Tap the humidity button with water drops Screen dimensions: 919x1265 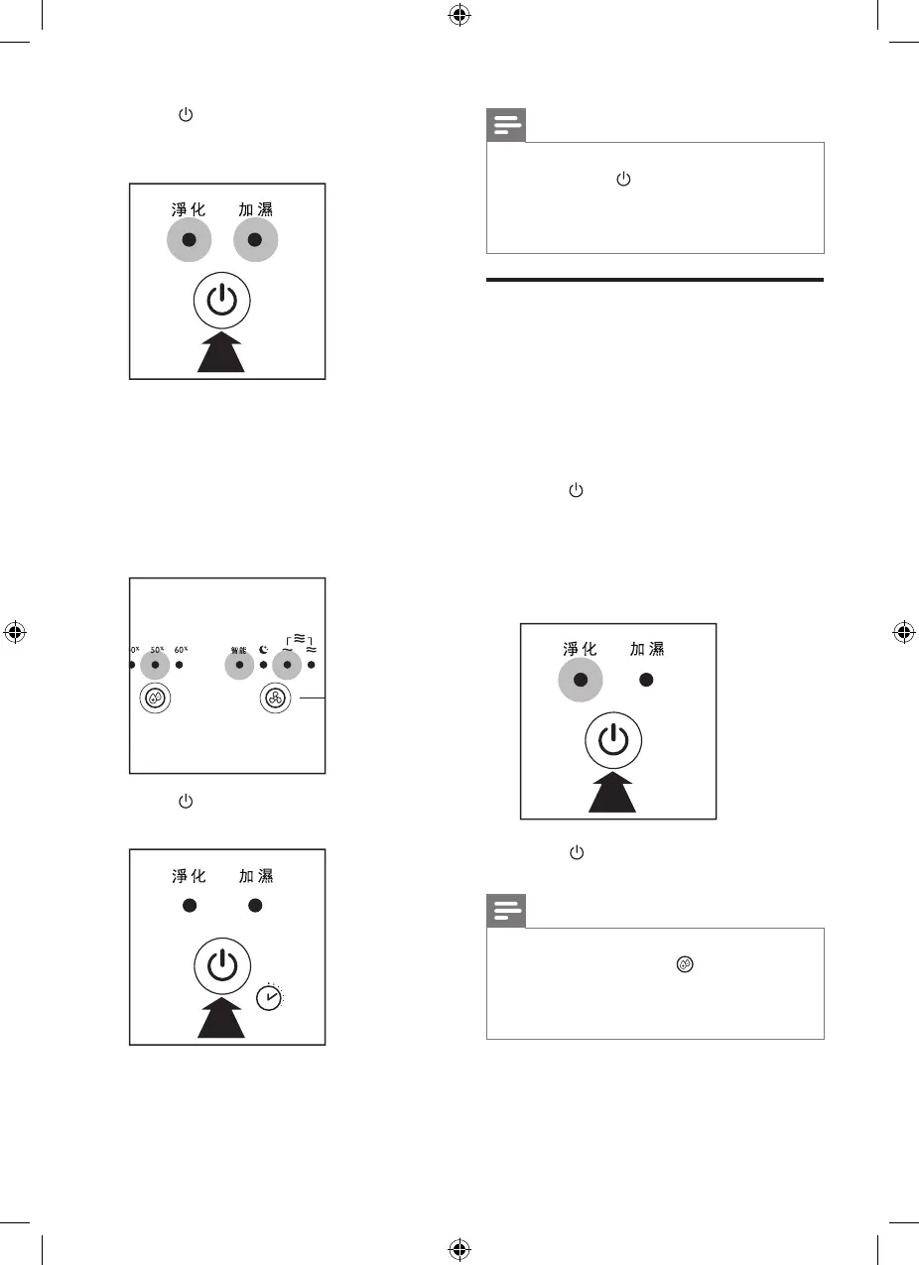(x=155, y=697)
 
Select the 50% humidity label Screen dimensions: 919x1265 (x=156, y=650)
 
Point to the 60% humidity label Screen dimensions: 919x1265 (x=181, y=650)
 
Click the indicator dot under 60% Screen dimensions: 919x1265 (x=180, y=665)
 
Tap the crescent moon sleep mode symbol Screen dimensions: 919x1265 (x=263, y=650)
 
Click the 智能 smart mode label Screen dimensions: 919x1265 (x=238, y=651)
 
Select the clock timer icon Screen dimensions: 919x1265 (x=269, y=998)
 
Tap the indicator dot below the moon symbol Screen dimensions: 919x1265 (x=263, y=665)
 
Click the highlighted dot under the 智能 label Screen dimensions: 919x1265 (x=238, y=665)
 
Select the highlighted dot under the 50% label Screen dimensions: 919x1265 (x=155, y=665)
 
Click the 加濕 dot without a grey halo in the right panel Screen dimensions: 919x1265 (x=646, y=681)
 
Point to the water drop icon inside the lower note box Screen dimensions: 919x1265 (x=684, y=963)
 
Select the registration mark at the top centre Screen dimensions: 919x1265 (x=459, y=16)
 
